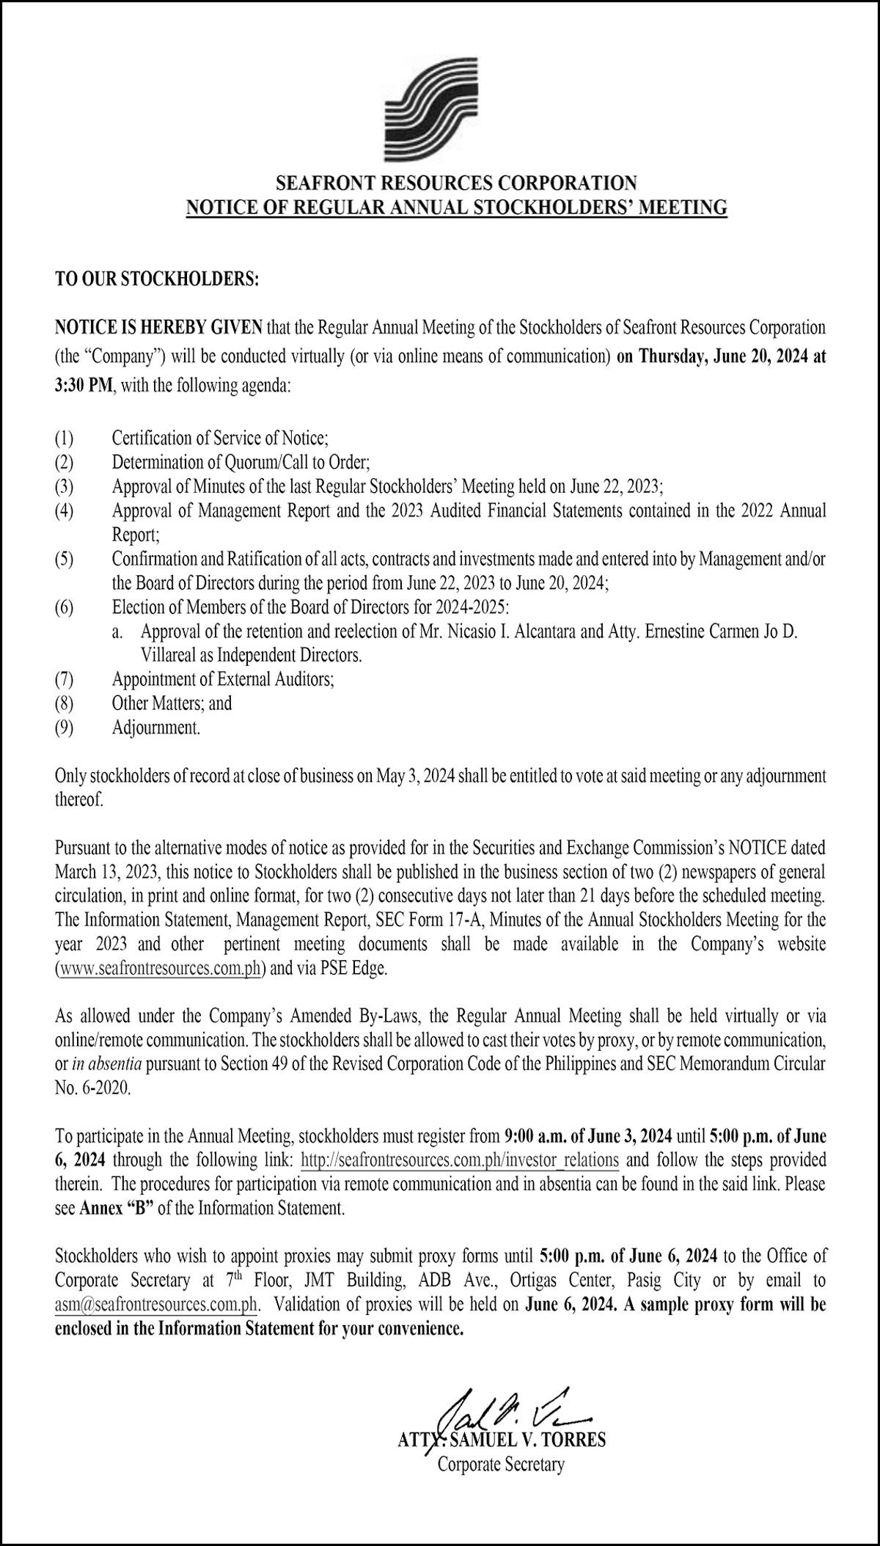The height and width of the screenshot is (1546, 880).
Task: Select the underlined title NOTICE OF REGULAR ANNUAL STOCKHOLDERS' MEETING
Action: tap(455, 208)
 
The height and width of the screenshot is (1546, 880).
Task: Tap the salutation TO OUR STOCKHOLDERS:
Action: tap(156, 279)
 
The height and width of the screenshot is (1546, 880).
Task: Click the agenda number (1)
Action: tap(65, 439)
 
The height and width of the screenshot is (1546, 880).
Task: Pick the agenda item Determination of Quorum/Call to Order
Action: tap(241, 463)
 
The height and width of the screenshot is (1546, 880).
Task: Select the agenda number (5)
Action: tap(65, 560)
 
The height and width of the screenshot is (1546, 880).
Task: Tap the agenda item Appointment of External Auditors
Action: tap(223, 679)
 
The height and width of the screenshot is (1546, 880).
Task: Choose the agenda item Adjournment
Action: tap(155, 728)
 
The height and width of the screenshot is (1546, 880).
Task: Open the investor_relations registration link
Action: tap(460, 1160)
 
